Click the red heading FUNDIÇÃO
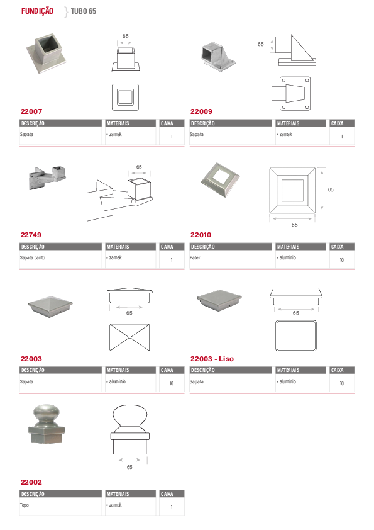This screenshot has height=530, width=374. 37,11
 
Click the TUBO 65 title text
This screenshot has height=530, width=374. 84,11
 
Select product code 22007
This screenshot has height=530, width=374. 31,111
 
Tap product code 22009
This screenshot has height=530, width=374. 201,111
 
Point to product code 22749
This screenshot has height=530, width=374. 31,235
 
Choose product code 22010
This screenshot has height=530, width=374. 201,235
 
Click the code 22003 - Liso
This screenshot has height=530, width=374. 212,359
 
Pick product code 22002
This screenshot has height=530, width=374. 31,482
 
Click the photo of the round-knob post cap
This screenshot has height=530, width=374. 47,424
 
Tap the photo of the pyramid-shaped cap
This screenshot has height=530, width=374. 50,306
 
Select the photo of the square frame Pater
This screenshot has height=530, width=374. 220,180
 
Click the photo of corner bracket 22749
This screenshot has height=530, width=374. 47,177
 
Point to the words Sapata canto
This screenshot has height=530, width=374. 33,257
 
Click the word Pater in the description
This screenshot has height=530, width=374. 195,257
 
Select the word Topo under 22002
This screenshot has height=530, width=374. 25,505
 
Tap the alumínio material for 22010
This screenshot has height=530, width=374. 288,257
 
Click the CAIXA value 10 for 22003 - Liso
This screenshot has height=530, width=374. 341,383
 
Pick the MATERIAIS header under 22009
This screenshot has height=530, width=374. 288,123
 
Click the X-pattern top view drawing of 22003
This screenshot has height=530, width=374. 129,337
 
